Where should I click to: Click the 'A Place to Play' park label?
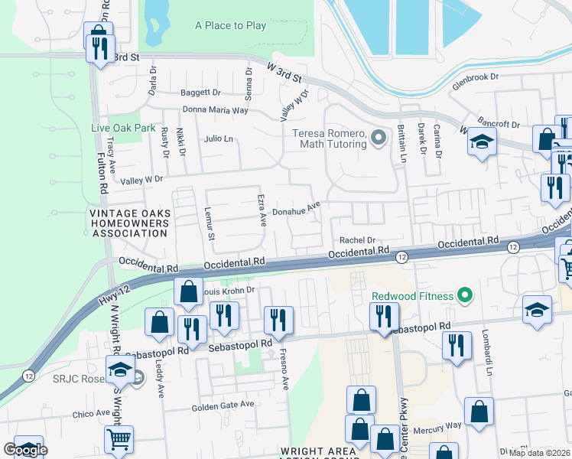tap(230, 25)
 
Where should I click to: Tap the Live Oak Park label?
tap(123, 128)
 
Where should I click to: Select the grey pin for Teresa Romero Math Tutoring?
tap(377, 138)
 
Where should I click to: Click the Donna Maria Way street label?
tap(219, 110)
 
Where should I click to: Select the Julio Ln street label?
tap(218, 138)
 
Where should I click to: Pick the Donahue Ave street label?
tap(296, 208)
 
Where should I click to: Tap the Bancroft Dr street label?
tap(498, 123)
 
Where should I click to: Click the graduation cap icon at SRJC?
tap(120, 370)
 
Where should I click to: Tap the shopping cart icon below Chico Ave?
tap(119, 439)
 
